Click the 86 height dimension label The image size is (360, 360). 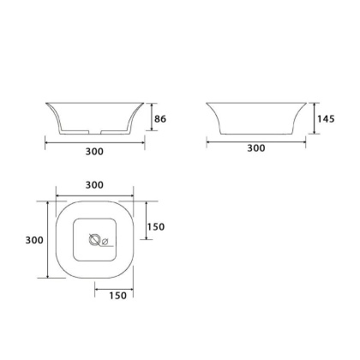160,118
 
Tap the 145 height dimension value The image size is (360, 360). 326,118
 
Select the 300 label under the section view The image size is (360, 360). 94,151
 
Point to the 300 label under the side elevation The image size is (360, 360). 256,148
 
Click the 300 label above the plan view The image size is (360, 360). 94,185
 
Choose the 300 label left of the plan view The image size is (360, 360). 34,240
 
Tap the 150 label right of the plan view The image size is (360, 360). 156,227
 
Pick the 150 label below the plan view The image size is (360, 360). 117,296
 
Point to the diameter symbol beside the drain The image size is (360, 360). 105,242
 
